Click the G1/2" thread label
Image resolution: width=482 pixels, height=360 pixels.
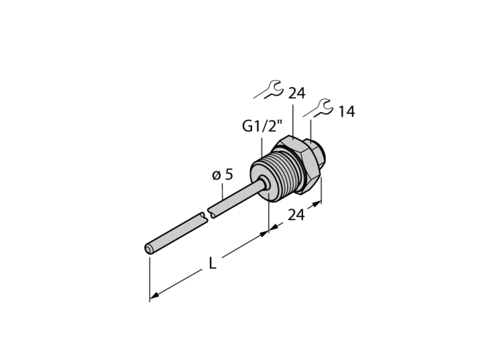click(x=262, y=126)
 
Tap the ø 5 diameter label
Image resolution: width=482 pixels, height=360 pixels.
click(x=222, y=175)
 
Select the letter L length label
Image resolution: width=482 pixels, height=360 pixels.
click(x=212, y=263)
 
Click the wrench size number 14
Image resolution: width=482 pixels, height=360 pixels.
click(x=346, y=112)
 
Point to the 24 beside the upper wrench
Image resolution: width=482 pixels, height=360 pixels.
click(x=296, y=93)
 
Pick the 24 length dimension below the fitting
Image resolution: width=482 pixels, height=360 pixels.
click(x=296, y=215)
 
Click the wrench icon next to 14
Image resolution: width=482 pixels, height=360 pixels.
click(x=318, y=108)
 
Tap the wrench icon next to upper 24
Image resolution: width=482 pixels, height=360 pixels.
click(x=268, y=89)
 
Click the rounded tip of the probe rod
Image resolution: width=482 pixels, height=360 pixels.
click(x=148, y=249)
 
